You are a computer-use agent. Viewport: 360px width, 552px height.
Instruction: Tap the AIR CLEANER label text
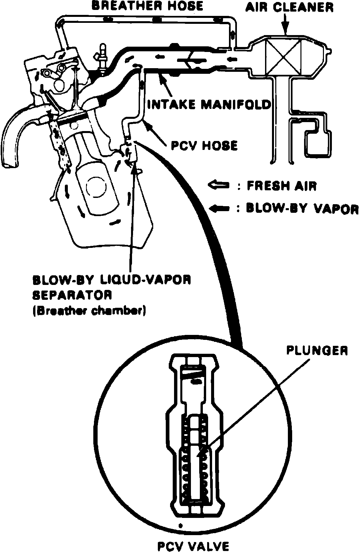(289, 7)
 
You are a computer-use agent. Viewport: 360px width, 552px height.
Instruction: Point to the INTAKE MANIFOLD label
(209, 104)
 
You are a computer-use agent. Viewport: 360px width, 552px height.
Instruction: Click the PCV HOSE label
(204, 145)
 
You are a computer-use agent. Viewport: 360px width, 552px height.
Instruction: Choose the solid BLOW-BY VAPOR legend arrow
(219, 208)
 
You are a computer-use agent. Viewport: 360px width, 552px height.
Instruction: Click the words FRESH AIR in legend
(282, 186)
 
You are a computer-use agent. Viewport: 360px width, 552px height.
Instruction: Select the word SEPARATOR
(72, 295)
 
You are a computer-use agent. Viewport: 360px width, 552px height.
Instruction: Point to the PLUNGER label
(317, 351)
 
